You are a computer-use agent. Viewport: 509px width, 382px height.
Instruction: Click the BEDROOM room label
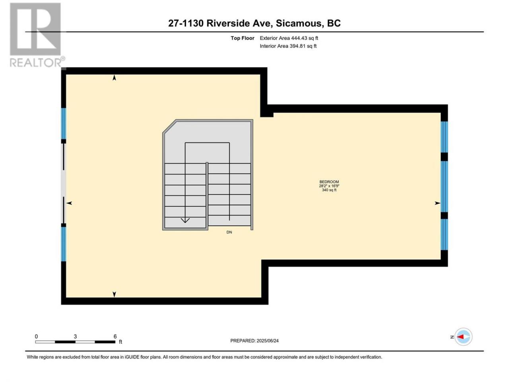click(x=329, y=182)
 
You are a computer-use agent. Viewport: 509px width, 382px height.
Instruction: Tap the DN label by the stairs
click(x=229, y=232)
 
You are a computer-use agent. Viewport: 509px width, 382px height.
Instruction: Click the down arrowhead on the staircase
click(x=185, y=220)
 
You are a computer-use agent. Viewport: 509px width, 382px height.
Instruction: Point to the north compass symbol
click(x=463, y=337)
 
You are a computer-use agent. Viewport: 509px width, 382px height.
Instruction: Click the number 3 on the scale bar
click(x=75, y=337)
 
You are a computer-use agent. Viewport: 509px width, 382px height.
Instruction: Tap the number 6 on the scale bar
click(x=115, y=337)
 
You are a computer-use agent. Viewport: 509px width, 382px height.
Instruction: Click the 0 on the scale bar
click(x=36, y=337)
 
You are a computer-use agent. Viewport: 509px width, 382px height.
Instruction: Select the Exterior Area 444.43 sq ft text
click(x=289, y=38)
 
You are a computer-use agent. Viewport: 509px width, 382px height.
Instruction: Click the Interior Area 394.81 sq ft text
click(x=288, y=46)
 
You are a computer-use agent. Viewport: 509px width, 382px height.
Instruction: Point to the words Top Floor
click(x=242, y=38)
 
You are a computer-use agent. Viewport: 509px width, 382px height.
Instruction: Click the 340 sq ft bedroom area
click(x=329, y=190)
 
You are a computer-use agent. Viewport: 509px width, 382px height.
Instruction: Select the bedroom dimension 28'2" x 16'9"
click(x=329, y=186)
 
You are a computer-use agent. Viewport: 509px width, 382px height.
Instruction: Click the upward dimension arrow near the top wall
click(x=114, y=78)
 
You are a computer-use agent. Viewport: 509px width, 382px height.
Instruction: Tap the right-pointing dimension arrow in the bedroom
click(x=437, y=203)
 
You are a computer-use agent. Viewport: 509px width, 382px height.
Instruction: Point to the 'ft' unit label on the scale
click(x=120, y=342)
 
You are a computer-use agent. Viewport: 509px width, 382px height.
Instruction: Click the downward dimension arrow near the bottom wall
click(x=114, y=294)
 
